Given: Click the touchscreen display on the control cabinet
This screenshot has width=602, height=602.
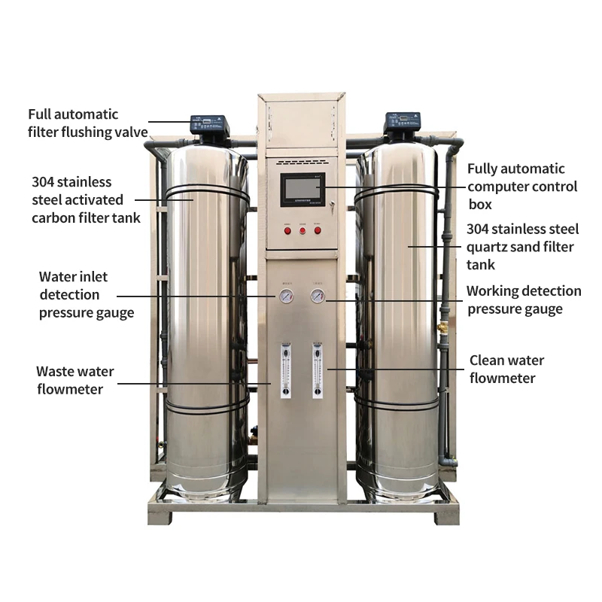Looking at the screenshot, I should click(302, 190).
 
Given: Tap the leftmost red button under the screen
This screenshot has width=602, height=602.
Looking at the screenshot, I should click(287, 229).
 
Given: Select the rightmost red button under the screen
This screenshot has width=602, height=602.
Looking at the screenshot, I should click(317, 229).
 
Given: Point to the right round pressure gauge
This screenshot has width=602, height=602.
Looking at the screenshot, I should click(318, 296).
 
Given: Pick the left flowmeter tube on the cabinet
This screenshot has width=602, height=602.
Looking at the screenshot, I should click(286, 370).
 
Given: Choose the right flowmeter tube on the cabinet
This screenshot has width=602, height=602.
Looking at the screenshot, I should click(317, 370).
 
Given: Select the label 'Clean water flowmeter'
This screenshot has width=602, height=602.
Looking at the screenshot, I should click(506, 369).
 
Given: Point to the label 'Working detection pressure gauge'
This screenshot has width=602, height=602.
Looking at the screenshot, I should click(524, 299).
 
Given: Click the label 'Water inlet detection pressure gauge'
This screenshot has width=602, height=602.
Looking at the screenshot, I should click(86, 294).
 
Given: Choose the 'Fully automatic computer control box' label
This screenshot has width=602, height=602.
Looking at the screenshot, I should click(522, 186).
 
